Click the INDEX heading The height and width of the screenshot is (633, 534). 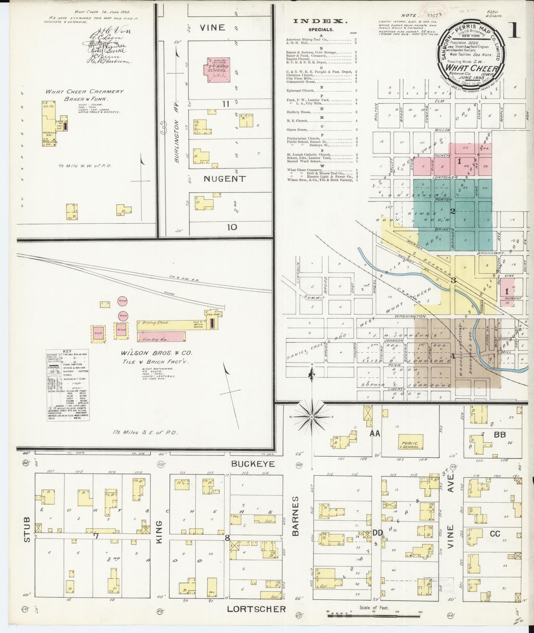pyautogui.click(x=320, y=21)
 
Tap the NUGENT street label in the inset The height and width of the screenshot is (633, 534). pyautogui.click(x=225, y=179)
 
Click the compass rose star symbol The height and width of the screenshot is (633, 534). pyautogui.click(x=312, y=417)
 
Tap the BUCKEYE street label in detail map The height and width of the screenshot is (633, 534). pyautogui.click(x=253, y=463)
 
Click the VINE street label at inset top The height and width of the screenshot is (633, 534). pyautogui.click(x=212, y=27)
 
